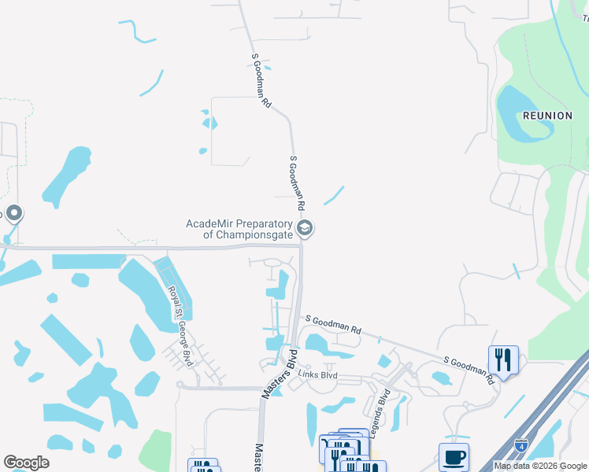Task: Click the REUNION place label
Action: tap(547, 116)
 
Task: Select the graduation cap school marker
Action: tap(306, 229)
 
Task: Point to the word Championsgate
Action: tap(248, 234)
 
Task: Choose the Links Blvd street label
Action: tap(318, 375)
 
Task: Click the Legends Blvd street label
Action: tap(382, 406)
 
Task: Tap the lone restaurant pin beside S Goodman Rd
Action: tap(503, 360)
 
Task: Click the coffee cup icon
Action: tap(454, 457)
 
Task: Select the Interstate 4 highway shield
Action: tap(521, 444)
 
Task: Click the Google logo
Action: tap(26, 463)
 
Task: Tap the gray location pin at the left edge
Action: tap(13, 213)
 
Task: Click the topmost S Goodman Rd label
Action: tap(261, 79)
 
